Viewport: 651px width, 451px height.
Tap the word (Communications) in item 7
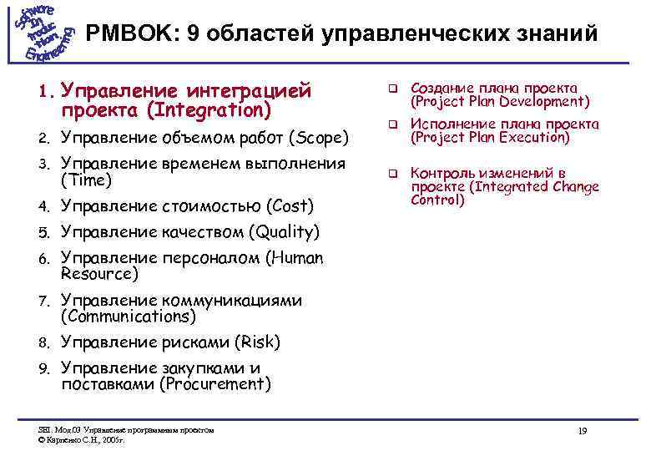point(129,317)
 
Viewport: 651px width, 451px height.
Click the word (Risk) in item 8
point(257,342)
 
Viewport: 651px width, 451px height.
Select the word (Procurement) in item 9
point(216,384)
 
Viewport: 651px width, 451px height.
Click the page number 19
point(583,430)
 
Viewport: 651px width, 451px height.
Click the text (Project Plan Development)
point(500,102)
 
